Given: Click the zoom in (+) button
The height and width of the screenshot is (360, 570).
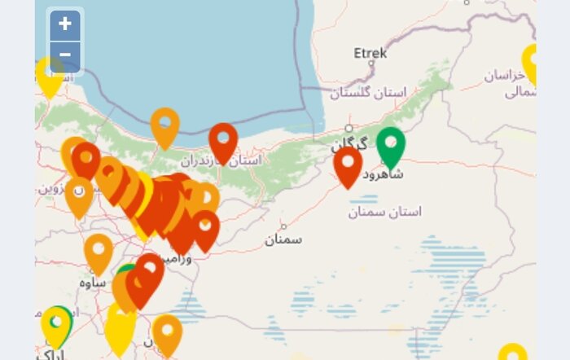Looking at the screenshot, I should pyautogui.click(x=65, y=24).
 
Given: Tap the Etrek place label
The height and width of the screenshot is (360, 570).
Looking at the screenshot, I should pyautogui.click(x=370, y=54).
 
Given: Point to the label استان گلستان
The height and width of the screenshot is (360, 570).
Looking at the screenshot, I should pyautogui.click(x=367, y=93).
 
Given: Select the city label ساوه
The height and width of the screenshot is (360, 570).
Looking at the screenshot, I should pyautogui.click(x=94, y=282).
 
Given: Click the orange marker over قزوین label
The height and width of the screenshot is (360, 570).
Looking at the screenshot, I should pyautogui.click(x=79, y=194).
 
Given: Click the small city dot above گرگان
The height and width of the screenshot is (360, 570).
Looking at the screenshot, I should pyautogui.click(x=349, y=128).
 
